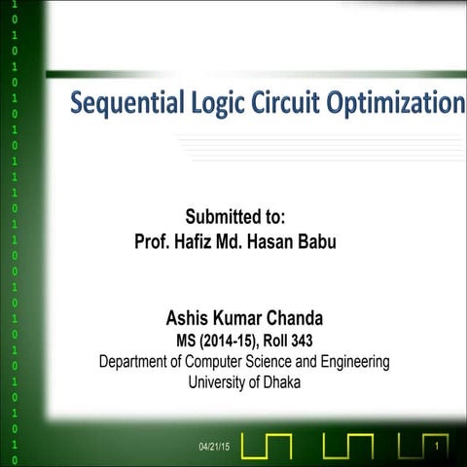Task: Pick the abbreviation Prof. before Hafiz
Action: pos(154,241)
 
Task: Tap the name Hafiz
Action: pos(198,241)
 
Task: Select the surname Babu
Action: pos(315,241)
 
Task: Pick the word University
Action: pos(221,382)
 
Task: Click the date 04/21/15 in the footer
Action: pos(212,447)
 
